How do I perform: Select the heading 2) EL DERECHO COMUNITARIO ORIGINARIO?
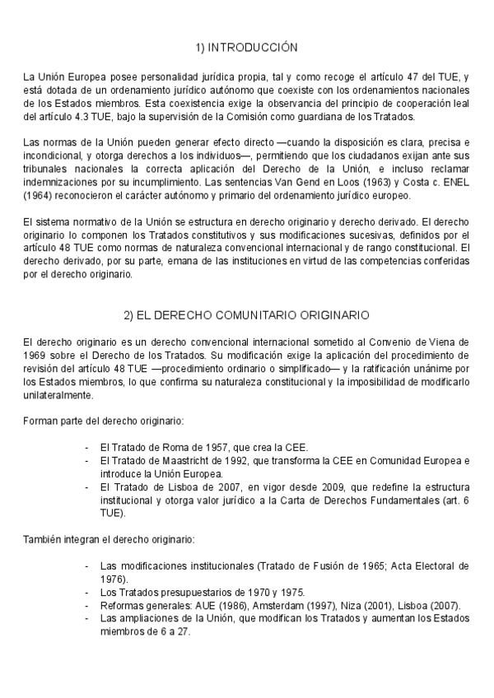coord(246,314)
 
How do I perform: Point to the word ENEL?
coord(454,183)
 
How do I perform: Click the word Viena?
coord(437,341)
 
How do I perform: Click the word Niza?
coord(346,606)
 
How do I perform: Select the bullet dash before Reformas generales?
coord(88,606)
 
